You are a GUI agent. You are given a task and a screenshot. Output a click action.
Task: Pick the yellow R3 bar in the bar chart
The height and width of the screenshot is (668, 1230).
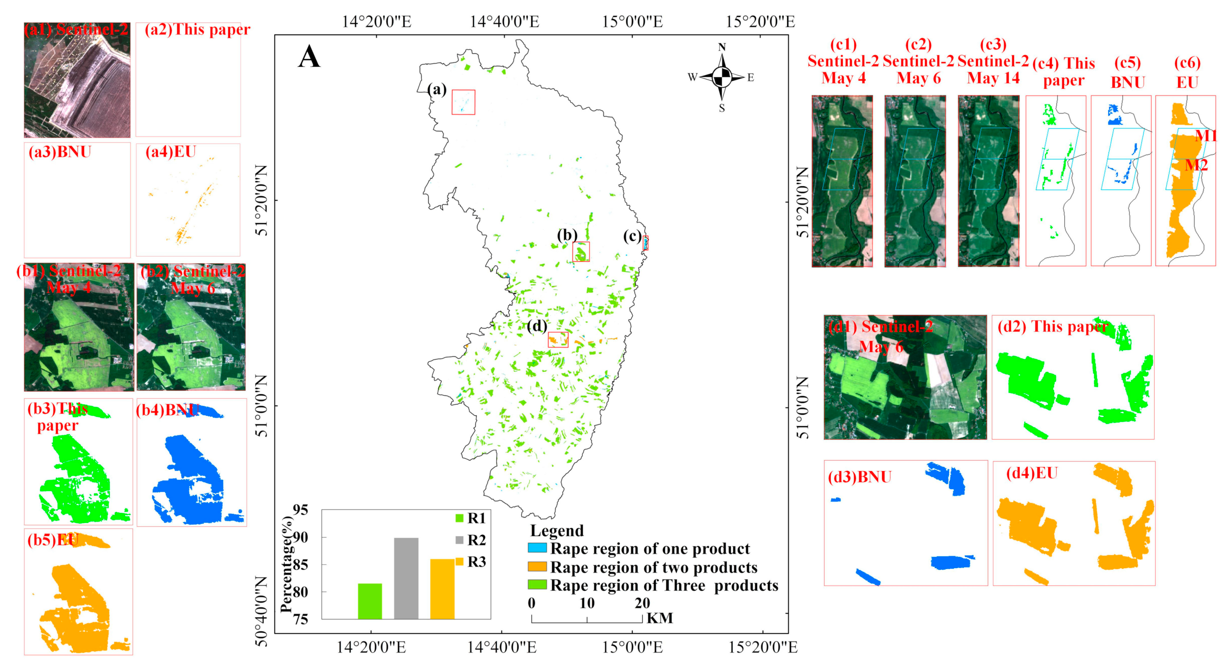pyautogui.click(x=442, y=589)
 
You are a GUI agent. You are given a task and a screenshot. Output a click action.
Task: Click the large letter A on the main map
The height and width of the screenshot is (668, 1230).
pyautogui.click(x=309, y=58)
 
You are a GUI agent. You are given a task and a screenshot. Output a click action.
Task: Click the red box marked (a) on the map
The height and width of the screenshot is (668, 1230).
pyautogui.click(x=463, y=102)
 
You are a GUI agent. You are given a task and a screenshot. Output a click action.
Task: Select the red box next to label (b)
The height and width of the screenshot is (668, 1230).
pyautogui.click(x=581, y=252)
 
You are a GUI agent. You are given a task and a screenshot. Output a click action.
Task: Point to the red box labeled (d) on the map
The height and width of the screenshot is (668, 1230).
pyautogui.click(x=558, y=339)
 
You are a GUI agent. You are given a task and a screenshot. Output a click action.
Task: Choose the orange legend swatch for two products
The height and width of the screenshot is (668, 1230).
pyautogui.click(x=537, y=567)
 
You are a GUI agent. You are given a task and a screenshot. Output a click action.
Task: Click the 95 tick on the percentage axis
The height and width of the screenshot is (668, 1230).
pyautogui.click(x=300, y=510)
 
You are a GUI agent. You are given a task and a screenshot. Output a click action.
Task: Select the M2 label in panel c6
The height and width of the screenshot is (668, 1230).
pyautogui.click(x=1196, y=165)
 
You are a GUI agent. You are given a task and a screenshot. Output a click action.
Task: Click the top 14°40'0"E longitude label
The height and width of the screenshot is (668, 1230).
pyautogui.click(x=504, y=22)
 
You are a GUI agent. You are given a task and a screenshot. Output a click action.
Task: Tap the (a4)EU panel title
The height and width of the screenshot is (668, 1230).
pyautogui.click(x=170, y=152)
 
